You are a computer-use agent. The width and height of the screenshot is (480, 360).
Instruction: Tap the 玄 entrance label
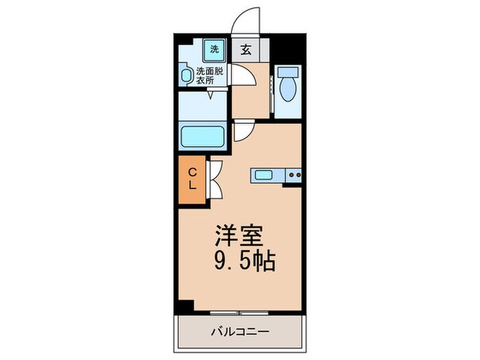[245, 49]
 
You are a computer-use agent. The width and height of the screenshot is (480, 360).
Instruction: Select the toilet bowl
[287, 88]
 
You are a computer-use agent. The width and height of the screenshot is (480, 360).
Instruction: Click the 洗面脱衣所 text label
[210, 75]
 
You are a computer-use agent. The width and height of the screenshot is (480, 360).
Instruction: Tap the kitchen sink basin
[264, 175]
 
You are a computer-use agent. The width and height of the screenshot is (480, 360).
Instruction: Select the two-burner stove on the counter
[294, 176]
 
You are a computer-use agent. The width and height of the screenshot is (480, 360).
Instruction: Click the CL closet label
[193, 178]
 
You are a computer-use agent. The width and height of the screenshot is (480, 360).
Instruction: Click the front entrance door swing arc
[245, 21]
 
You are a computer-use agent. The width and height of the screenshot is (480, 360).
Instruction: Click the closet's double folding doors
[214, 178]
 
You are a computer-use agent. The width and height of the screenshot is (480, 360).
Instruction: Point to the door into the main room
[243, 130]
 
